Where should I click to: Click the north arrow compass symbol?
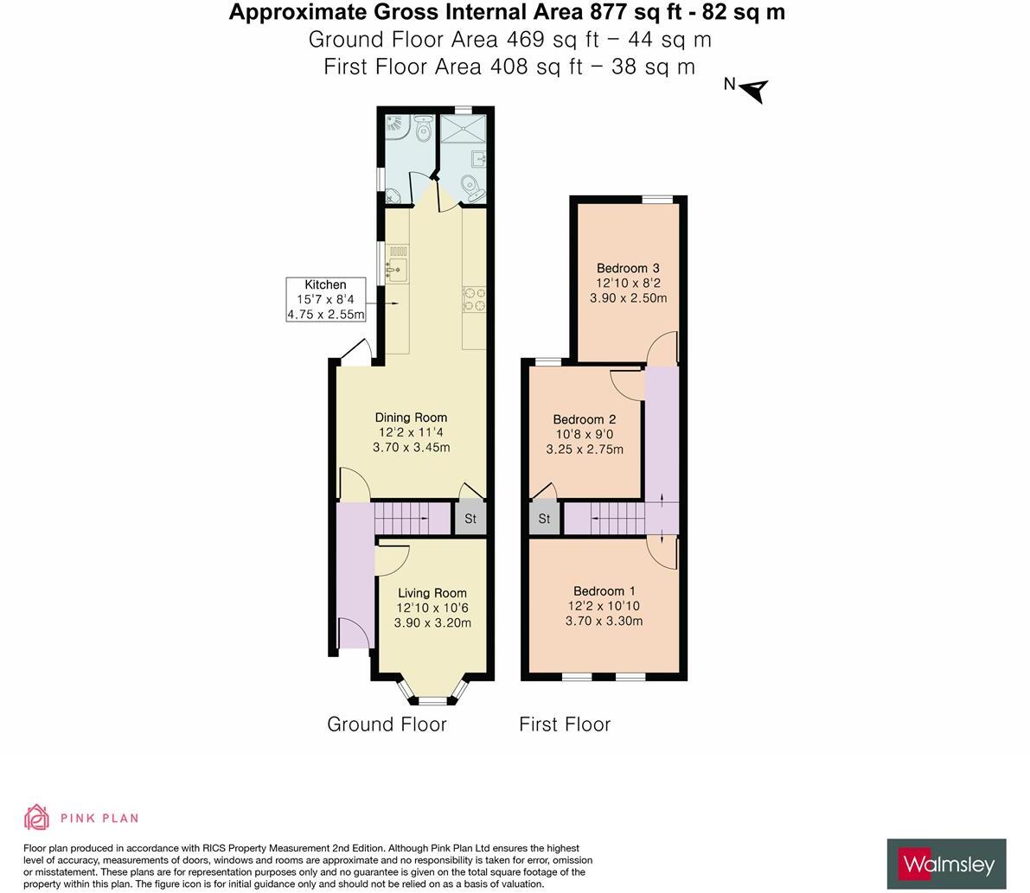click(x=753, y=89)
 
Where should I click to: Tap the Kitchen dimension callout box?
click(x=325, y=299)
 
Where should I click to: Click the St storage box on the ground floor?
click(x=470, y=518)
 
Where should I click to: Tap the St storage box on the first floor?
click(x=545, y=519)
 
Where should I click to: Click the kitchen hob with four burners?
click(x=474, y=299)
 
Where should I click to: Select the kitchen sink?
click(x=397, y=268)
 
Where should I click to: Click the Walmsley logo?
click(x=946, y=864)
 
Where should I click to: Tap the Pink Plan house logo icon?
click(x=37, y=817)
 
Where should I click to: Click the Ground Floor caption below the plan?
click(x=387, y=724)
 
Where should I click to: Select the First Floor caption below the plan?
click(x=565, y=724)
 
